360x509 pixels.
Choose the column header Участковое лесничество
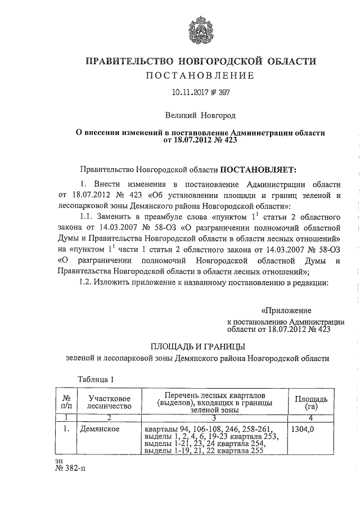[110, 402]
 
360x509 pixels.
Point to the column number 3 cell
[214, 417]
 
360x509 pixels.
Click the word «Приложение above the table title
[286, 310]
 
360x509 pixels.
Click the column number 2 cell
[110, 417]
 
